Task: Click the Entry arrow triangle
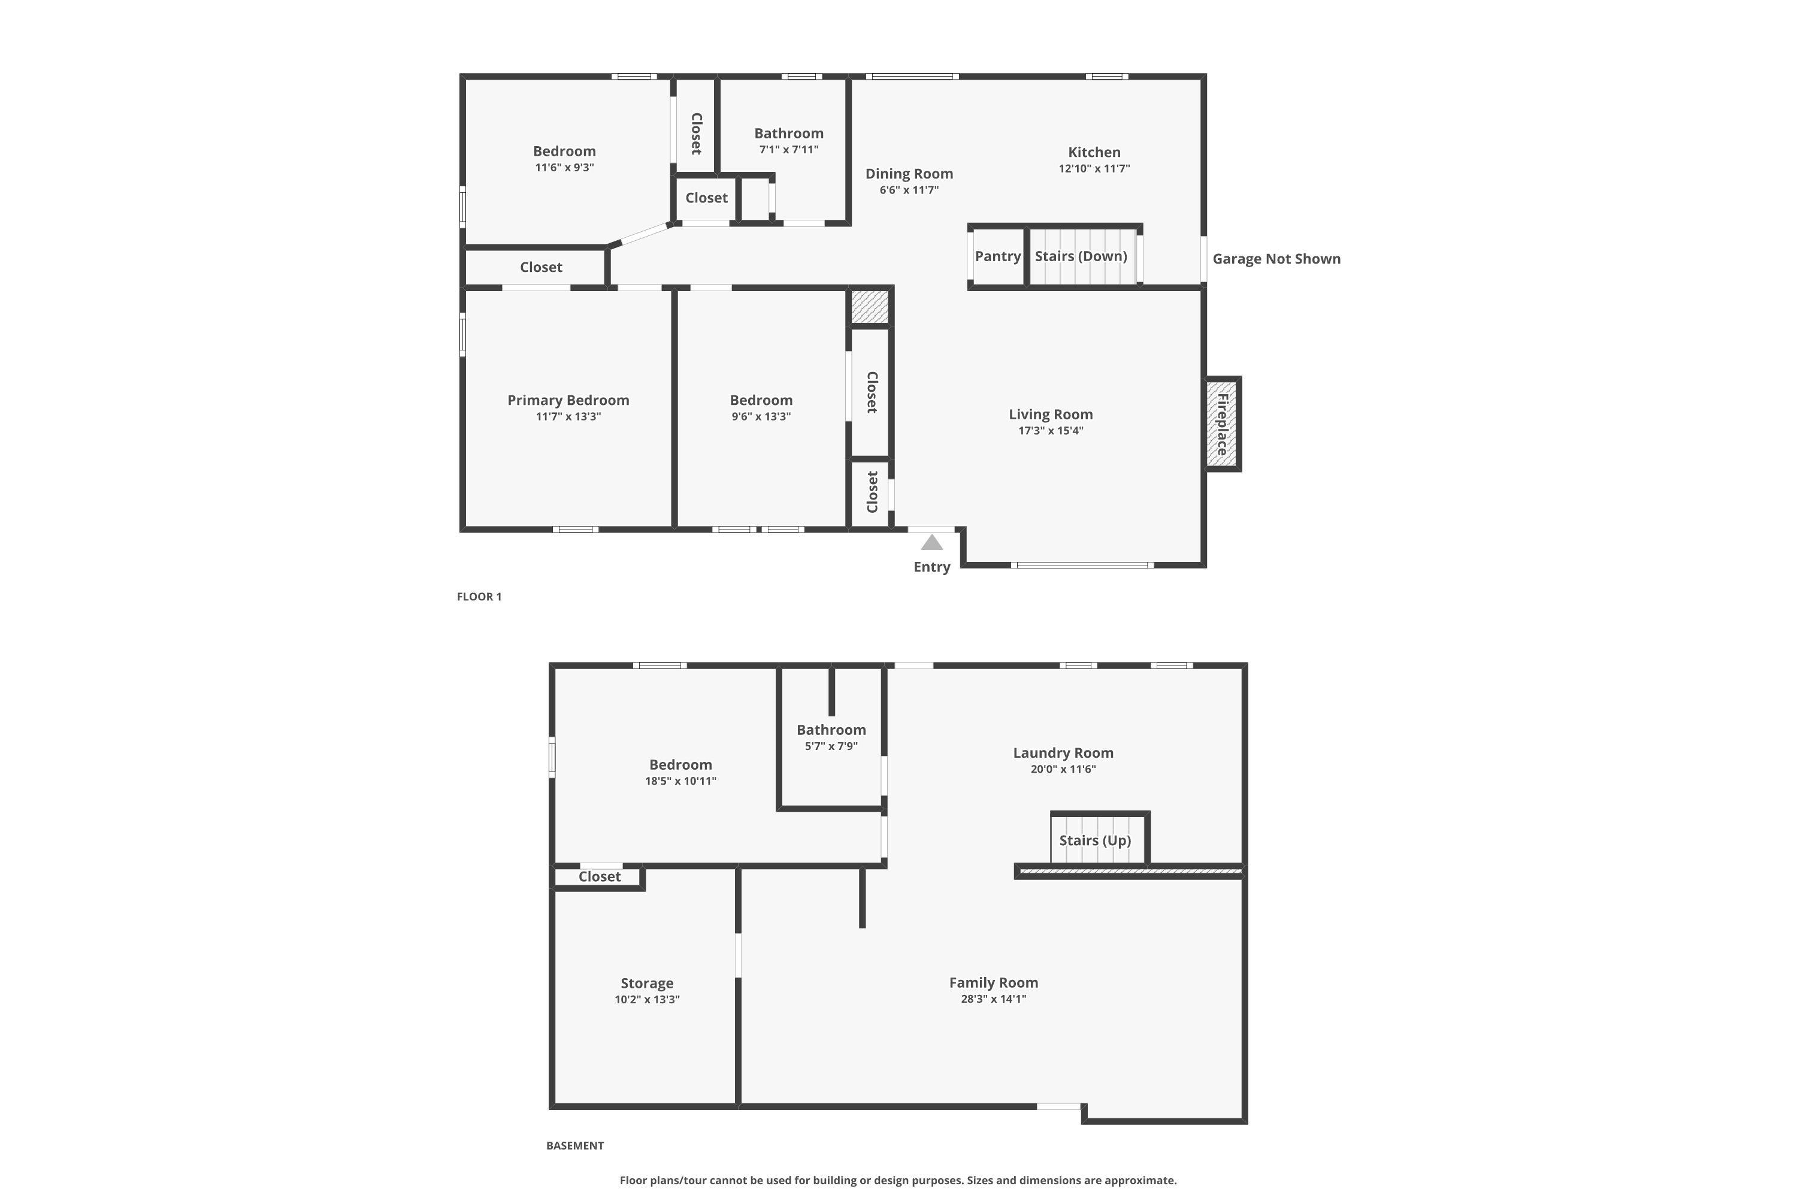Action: pos(931,543)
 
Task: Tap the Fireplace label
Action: pos(1223,424)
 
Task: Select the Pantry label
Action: pos(997,256)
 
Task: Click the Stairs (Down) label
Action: pos(1081,256)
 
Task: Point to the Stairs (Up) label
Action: pos(1094,840)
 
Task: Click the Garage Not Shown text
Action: pos(1276,258)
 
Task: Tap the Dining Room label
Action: pos(909,174)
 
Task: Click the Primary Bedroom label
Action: pos(568,400)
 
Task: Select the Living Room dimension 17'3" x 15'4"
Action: pos(1051,431)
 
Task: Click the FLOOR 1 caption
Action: pos(479,597)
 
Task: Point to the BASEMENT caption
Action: pos(574,1145)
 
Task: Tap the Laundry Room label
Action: pos(1063,752)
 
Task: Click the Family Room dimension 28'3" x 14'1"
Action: pos(993,999)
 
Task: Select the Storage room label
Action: pos(646,984)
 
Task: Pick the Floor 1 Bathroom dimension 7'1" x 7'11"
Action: pos(788,150)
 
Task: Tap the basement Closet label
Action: pos(599,876)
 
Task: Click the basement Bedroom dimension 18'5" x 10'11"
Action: pos(680,781)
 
